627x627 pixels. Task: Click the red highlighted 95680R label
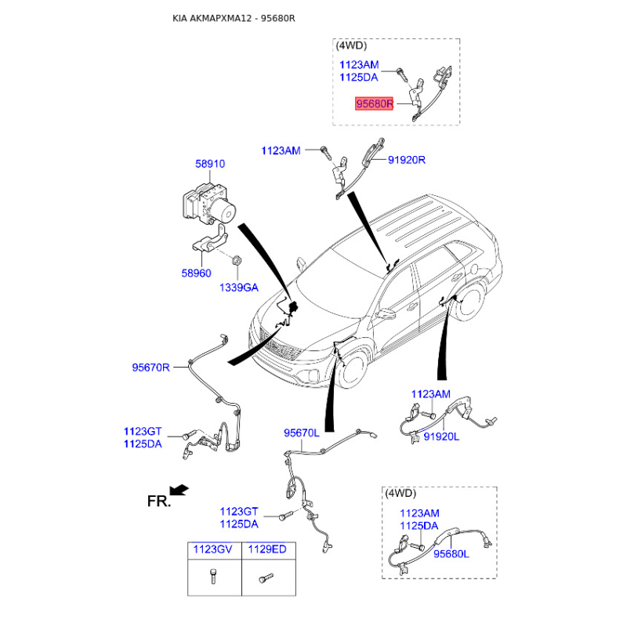pyautogui.click(x=375, y=103)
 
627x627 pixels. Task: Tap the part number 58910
pyautogui.click(x=210, y=165)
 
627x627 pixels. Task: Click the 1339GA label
pyautogui.click(x=237, y=288)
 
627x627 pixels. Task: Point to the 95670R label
pyautogui.click(x=150, y=366)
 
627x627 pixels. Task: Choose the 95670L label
pyautogui.click(x=302, y=433)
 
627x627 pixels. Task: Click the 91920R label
pyautogui.click(x=406, y=160)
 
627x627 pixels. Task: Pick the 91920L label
pyautogui.click(x=441, y=437)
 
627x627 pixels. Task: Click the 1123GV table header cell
pyautogui.click(x=213, y=550)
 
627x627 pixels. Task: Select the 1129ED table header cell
pyautogui.click(x=267, y=550)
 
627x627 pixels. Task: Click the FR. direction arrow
pyautogui.click(x=179, y=490)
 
